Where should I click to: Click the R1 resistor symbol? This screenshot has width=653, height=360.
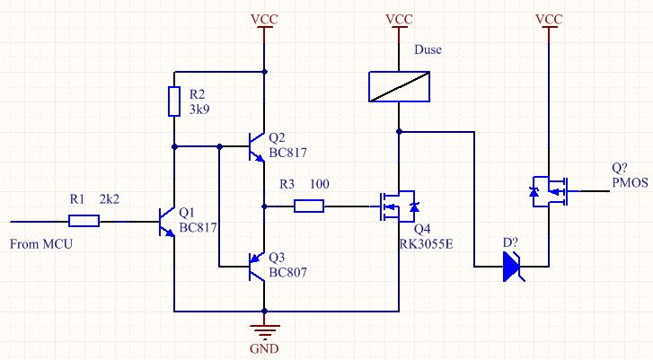click(x=84, y=221)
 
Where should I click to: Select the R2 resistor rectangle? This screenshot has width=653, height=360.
click(x=174, y=101)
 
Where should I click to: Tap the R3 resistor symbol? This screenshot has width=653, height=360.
click(x=309, y=206)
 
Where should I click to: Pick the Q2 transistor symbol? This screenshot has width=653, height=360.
click(x=256, y=147)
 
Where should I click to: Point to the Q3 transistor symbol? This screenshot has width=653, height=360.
click(x=256, y=267)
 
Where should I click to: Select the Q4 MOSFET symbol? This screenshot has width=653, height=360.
click(x=398, y=206)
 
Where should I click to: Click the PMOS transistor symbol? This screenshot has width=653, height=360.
click(x=550, y=191)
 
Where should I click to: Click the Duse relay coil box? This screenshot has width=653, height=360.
click(x=399, y=86)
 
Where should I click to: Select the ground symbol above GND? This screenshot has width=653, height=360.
click(x=264, y=331)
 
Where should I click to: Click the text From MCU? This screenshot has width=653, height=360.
click(x=41, y=244)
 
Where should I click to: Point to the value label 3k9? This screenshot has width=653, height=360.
click(x=199, y=110)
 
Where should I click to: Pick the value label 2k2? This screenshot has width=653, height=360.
click(x=109, y=199)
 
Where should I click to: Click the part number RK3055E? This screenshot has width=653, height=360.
click(x=426, y=243)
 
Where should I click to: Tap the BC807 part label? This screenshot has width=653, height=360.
click(x=287, y=273)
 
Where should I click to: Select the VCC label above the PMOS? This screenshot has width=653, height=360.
click(x=549, y=19)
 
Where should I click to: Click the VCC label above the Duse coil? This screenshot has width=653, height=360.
click(x=399, y=19)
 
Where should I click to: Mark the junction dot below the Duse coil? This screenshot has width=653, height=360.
click(x=399, y=131)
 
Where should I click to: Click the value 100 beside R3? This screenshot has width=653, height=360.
click(x=320, y=184)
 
